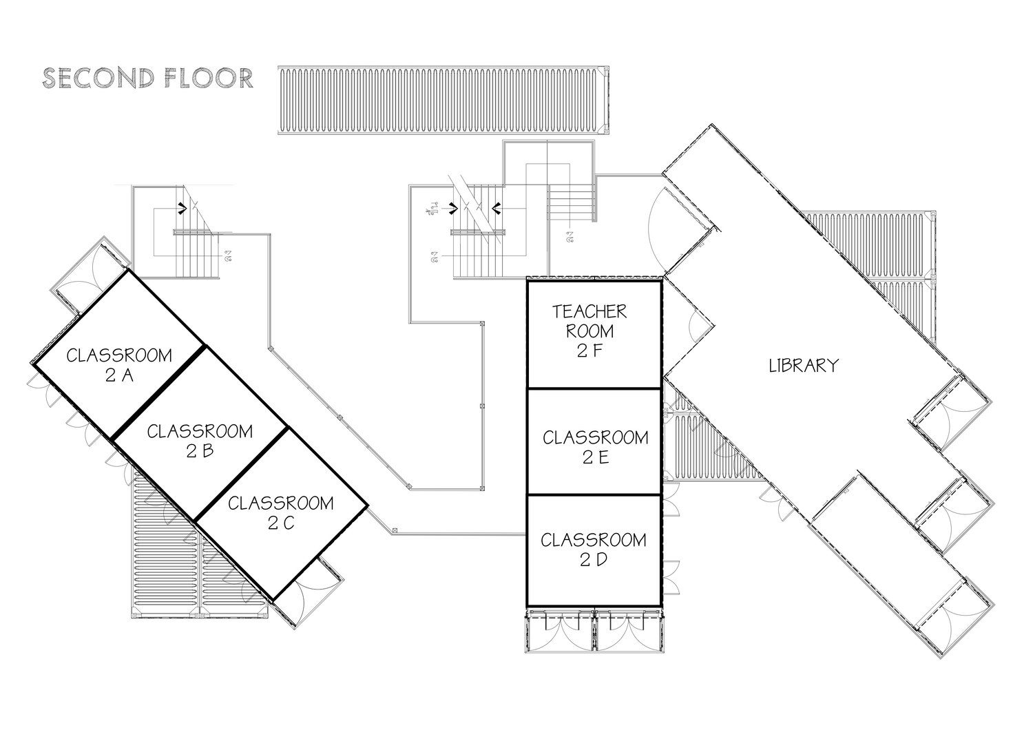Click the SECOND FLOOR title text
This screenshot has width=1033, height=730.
point(147,78)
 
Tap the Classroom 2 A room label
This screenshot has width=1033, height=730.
point(119,365)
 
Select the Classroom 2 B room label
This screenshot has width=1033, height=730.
point(200,441)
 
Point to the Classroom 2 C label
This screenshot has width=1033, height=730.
point(280,512)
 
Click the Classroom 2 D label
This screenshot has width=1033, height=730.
point(594,549)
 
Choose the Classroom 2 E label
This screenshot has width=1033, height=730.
point(595,447)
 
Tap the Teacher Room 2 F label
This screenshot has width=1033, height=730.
point(589,331)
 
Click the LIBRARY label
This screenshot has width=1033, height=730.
point(804,365)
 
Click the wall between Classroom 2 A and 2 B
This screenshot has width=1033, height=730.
point(158,392)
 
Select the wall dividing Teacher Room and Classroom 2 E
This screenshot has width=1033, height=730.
point(594,388)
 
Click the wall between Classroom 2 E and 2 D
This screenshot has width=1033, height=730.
point(594,494)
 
